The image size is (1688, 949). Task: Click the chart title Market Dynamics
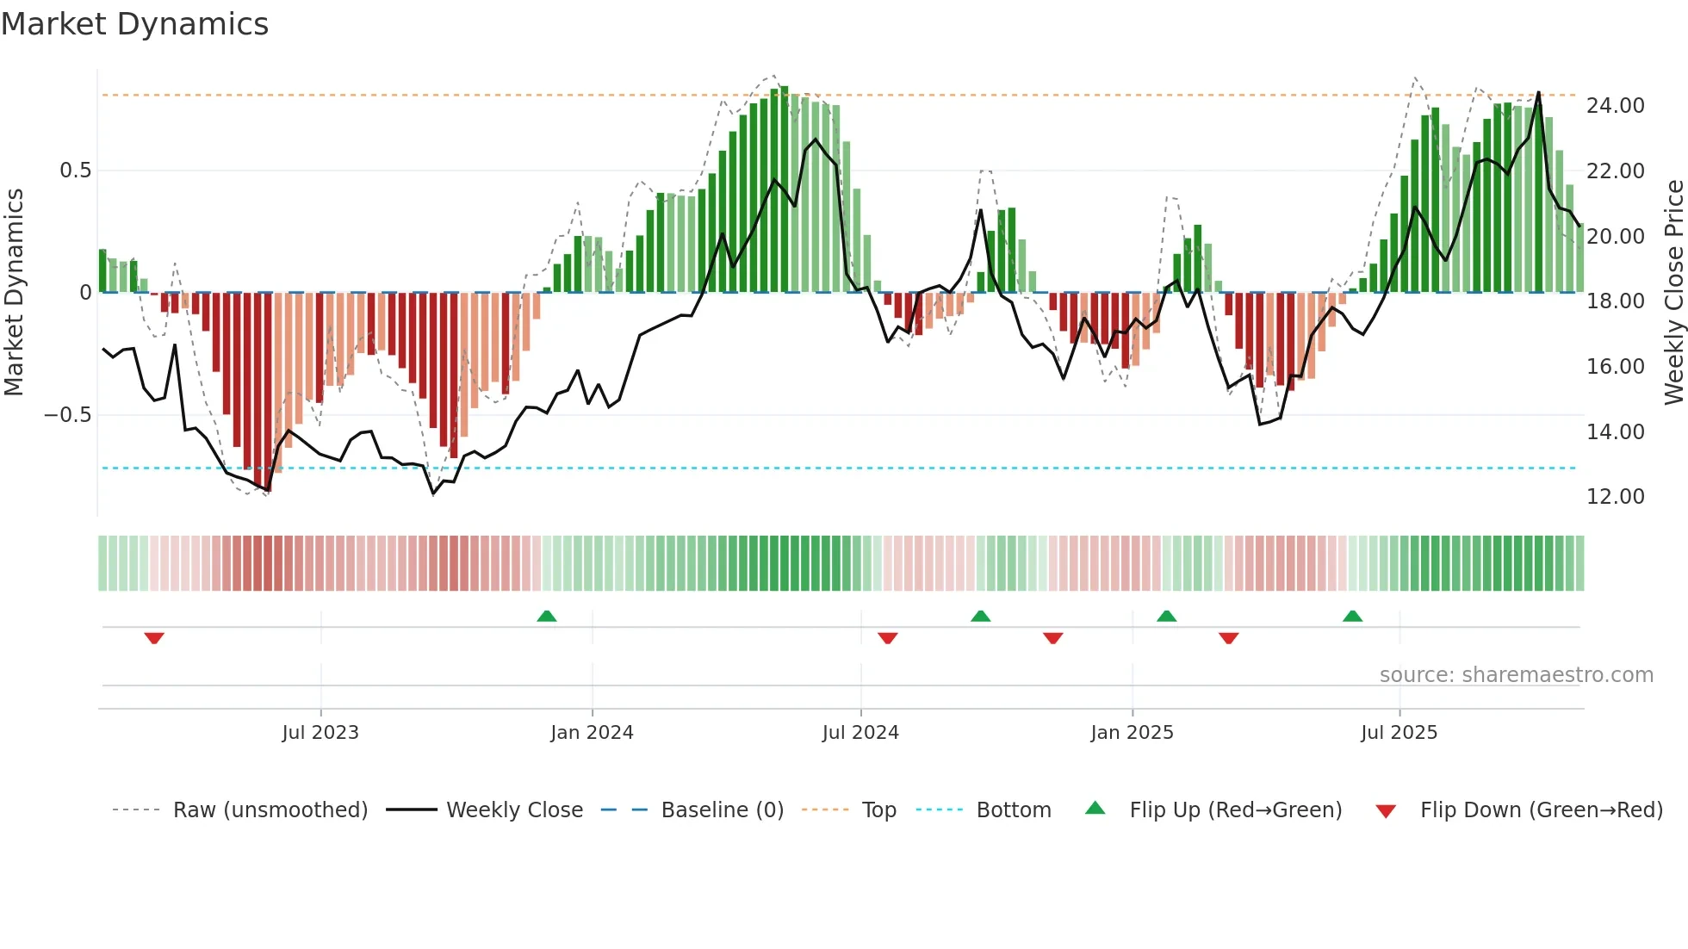[x=135, y=24]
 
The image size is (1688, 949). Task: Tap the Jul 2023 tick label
[x=320, y=733]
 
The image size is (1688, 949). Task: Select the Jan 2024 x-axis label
[x=592, y=733]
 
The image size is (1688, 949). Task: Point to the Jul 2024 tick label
[x=860, y=733]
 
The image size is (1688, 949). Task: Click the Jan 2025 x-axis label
[x=1132, y=733]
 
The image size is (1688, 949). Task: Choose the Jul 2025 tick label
[x=1399, y=733]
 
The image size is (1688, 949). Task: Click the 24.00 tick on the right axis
[x=1615, y=106]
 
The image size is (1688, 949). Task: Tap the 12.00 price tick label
[x=1615, y=497]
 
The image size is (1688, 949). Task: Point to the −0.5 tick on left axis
[x=67, y=415]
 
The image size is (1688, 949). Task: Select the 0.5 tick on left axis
[x=75, y=171]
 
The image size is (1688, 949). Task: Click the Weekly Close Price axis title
[x=1673, y=293]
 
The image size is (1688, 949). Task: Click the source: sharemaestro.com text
[x=1516, y=675]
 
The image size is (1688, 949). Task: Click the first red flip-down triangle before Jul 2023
[x=154, y=638]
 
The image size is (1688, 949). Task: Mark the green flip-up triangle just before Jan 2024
[x=546, y=616]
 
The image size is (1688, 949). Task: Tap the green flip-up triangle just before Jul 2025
[x=1352, y=616]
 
